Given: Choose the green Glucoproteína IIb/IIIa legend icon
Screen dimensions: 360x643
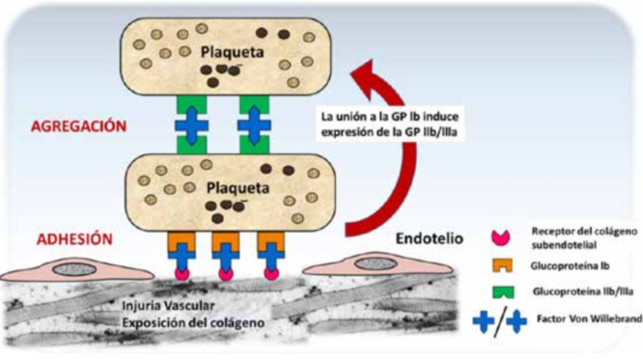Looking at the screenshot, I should pos(499,290).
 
